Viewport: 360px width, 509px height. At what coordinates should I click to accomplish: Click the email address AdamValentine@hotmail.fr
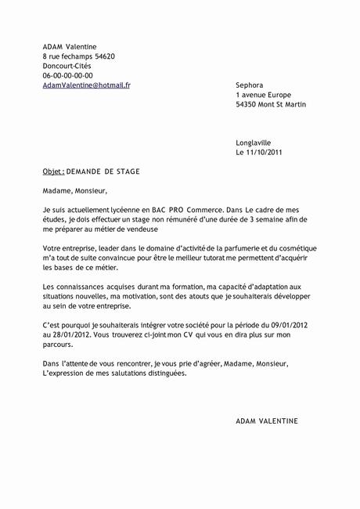click(x=87, y=85)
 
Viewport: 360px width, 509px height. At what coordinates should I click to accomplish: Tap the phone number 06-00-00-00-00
click(x=68, y=75)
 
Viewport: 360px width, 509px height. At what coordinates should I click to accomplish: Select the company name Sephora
click(x=250, y=85)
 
